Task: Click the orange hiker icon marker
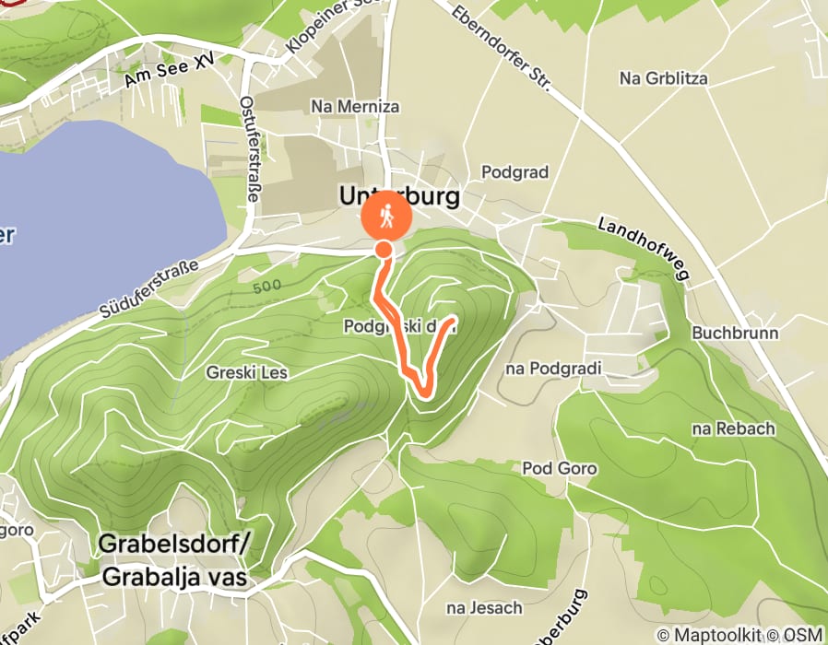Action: click(387, 217)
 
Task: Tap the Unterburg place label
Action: click(398, 196)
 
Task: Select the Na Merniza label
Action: click(356, 107)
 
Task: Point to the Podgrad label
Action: click(515, 172)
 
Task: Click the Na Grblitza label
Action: click(664, 78)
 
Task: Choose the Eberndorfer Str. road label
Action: click(503, 49)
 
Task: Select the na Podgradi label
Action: click(553, 369)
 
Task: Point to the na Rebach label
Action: click(734, 428)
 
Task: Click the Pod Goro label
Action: click(560, 468)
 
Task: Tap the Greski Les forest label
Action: click(249, 373)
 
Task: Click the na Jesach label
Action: click(484, 607)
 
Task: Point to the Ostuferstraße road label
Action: click(250, 148)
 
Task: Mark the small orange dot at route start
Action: click(384, 249)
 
